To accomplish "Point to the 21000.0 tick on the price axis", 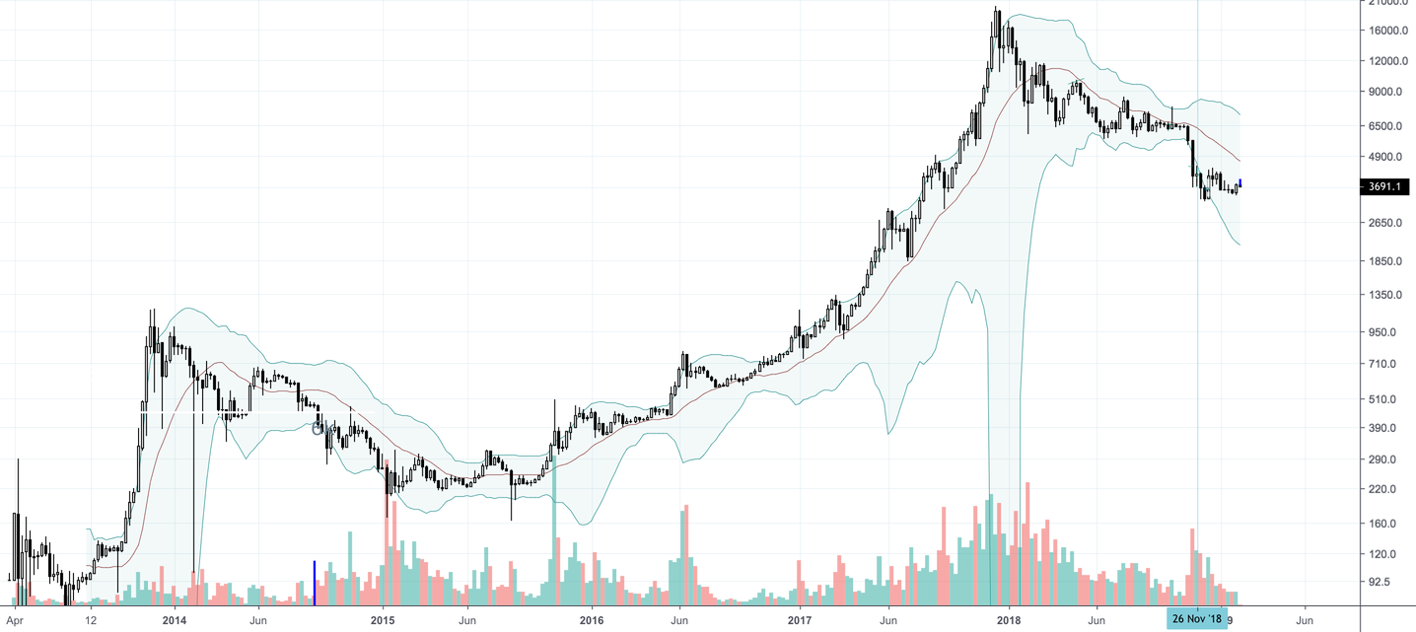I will [x=1388, y=3].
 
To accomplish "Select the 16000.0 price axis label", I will [x=1388, y=31].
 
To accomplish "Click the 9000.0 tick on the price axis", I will [x=1388, y=92].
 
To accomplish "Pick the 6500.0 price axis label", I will [x=1388, y=126].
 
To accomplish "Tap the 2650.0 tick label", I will [x=1388, y=223].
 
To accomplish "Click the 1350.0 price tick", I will [x=1388, y=295].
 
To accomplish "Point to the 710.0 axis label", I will [x=1388, y=364].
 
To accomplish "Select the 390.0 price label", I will [x=1388, y=428].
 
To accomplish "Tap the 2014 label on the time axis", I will [x=175, y=620].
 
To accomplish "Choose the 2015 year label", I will [x=383, y=620].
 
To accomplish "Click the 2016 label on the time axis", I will [x=592, y=620].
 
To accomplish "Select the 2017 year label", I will [x=800, y=620].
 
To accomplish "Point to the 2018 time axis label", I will [x=1009, y=620].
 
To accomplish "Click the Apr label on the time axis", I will [x=15, y=620].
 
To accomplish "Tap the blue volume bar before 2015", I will [x=315, y=582].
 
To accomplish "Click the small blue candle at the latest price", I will [x=1239, y=183].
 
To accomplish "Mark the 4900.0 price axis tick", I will [x=1388, y=157].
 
